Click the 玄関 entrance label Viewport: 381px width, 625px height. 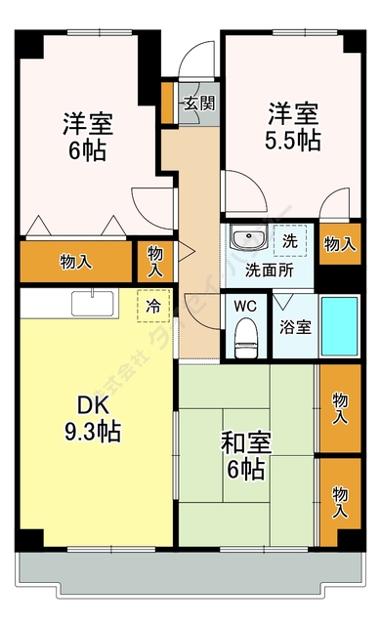point(197,104)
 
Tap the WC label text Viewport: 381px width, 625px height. point(244,306)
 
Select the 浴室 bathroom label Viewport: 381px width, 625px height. point(296,326)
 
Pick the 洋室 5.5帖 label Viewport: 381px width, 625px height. point(292,126)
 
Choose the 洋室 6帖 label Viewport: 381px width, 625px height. point(88,137)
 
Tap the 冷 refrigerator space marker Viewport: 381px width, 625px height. point(153,306)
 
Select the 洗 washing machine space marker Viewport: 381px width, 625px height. point(290,240)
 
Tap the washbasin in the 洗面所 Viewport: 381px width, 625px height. point(244,239)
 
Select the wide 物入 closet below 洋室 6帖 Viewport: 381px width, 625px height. point(75,261)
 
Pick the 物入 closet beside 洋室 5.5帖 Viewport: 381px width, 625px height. point(339,243)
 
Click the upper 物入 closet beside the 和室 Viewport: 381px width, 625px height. point(339,407)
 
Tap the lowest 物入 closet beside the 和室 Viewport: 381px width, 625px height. point(339,500)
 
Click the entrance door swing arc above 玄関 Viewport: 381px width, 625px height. point(199,59)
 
